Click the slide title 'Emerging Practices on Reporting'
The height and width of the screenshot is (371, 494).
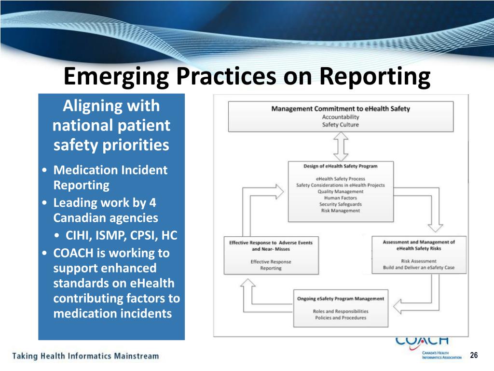[x=247, y=77]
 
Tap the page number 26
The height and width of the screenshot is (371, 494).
[x=473, y=356]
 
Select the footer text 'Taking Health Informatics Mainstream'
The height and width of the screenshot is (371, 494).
[x=85, y=356]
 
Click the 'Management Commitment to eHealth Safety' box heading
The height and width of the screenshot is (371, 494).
[x=341, y=109]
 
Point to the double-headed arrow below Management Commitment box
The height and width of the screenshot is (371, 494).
[x=341, y=146]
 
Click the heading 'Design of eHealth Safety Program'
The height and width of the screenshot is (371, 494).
[x=341, y=166]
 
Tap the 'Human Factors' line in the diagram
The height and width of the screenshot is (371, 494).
[x=341, y=198]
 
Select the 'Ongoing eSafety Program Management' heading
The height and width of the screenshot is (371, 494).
[x=341, y=299]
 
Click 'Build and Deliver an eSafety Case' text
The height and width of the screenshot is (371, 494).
[x=419, y=268]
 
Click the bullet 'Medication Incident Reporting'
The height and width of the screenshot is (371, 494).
[x=110, y=177]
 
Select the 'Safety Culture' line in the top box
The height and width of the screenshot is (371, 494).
[x=341, y=125]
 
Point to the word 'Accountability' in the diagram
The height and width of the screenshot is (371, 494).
[x=341, y=117]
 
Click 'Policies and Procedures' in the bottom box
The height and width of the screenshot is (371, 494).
[x=341, y=318]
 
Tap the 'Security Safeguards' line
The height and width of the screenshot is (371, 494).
[x=341, y=204]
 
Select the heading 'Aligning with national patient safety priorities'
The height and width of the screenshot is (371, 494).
[x=111, y=125]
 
